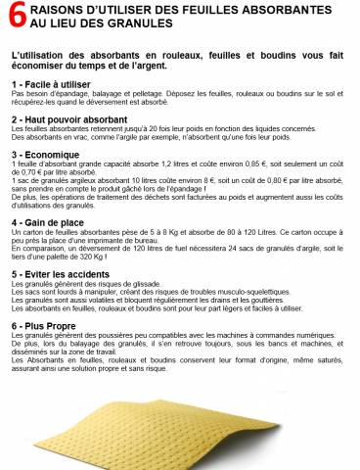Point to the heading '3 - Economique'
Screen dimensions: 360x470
coord(45,155)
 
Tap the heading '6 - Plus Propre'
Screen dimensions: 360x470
coord(43,325)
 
